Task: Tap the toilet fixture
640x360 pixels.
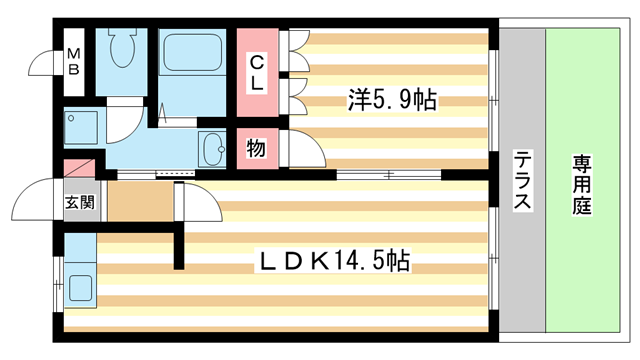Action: point(125,50)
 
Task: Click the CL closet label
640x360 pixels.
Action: point(257,72)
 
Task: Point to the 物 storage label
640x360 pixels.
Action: point(257,148)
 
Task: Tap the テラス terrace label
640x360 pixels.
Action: point(521,180)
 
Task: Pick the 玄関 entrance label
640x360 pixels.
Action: point(80,202)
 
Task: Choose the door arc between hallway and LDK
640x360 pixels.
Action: point(200,205)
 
